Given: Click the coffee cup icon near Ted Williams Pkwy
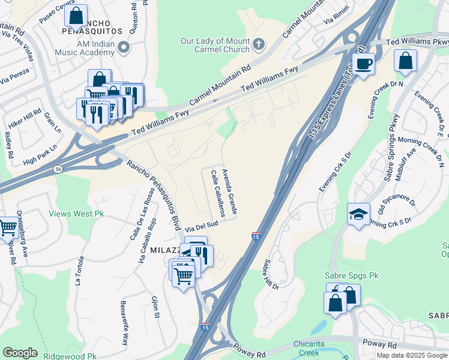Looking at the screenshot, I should [x=363, y=63].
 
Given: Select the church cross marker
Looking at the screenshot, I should [x=259, y=43].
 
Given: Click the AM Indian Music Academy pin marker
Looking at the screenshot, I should [x=124, y=47].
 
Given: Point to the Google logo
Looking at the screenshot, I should [x=20, y=353].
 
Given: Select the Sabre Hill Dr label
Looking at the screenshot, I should [x=271, y=274].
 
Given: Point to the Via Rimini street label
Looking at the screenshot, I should [x=336, y=18].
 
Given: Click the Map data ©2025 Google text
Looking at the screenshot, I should [x=412, y=355].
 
